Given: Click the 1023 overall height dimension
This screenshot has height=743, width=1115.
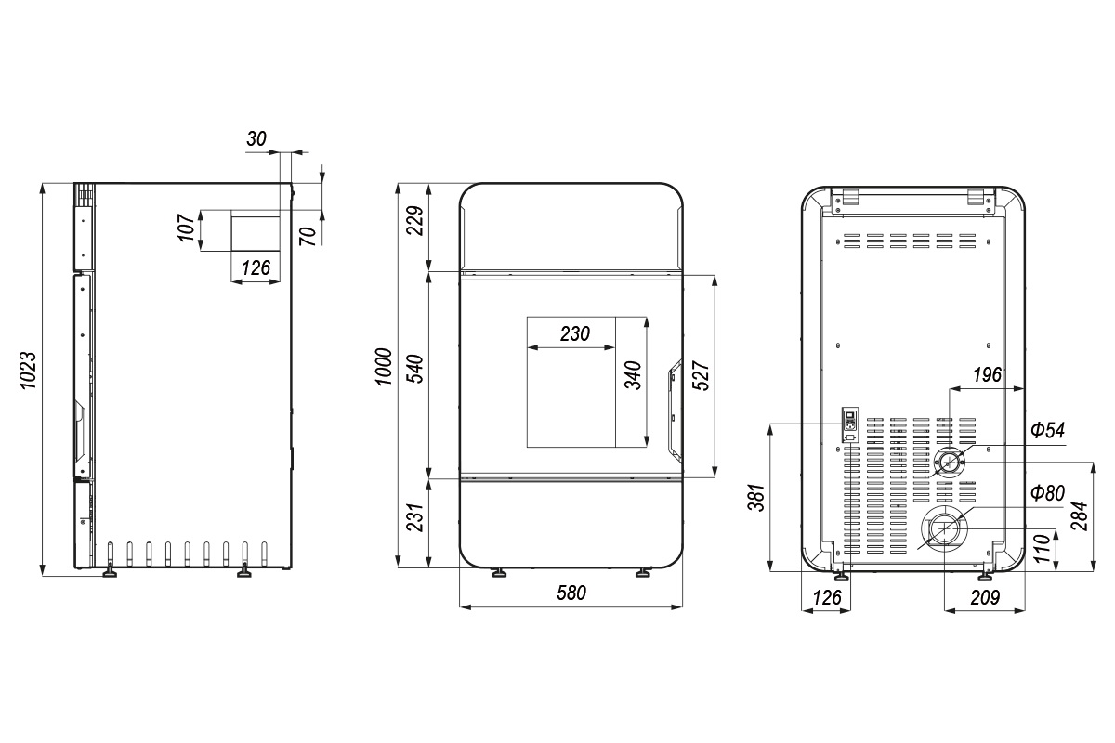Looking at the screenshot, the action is (x=28, y=371).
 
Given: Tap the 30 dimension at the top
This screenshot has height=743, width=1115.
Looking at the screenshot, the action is (x=256, y=138).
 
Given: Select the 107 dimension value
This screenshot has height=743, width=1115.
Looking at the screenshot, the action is (x=187, y=228).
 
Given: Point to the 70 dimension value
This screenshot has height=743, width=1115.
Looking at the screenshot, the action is (x=308, y=236).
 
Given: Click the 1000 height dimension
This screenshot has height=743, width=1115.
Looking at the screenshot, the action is (x=384, y=367).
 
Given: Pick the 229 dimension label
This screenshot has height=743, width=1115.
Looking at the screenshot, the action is (x=414, y=220).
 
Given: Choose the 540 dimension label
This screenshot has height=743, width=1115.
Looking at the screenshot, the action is (x=414, y=369).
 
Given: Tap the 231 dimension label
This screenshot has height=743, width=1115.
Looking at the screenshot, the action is (x=414, y=517).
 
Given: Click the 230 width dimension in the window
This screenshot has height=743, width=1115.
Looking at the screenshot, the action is (x=575, y=334).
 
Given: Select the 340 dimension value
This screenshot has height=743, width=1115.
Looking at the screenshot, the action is (x=633, y=375).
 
